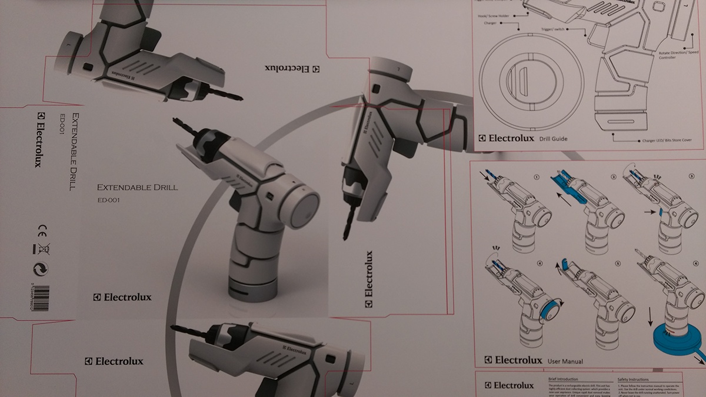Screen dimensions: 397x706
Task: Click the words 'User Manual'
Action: (x=565, y=361)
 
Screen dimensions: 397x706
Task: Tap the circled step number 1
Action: (x=536, y=176)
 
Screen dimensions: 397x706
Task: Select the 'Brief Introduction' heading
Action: (x=562, y=380)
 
